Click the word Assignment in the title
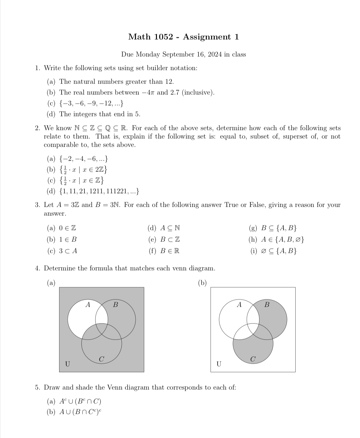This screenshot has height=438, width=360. (x=207, y=37)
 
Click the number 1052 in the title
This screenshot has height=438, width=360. (x=163, y=37)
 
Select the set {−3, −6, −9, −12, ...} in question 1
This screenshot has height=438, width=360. (x=92, y=103)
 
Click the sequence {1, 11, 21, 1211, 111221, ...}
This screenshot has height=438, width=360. (x=99, y=192)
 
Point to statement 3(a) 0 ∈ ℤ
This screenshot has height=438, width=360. (x=67, y=228)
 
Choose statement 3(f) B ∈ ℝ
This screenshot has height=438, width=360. (x=170, y=251)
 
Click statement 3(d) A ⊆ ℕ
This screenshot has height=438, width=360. (x=170, y=228)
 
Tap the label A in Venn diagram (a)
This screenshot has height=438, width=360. (x=88, y=305)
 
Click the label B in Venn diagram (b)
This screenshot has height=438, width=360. (x=267, y=305)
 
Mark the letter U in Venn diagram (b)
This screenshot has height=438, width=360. (x=219, y=364)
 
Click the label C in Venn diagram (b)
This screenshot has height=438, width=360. (x=253, y=359)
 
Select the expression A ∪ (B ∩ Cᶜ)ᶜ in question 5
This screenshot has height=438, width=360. (x=80, y=412)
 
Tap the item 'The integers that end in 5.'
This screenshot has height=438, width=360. (x=100, y=114)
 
